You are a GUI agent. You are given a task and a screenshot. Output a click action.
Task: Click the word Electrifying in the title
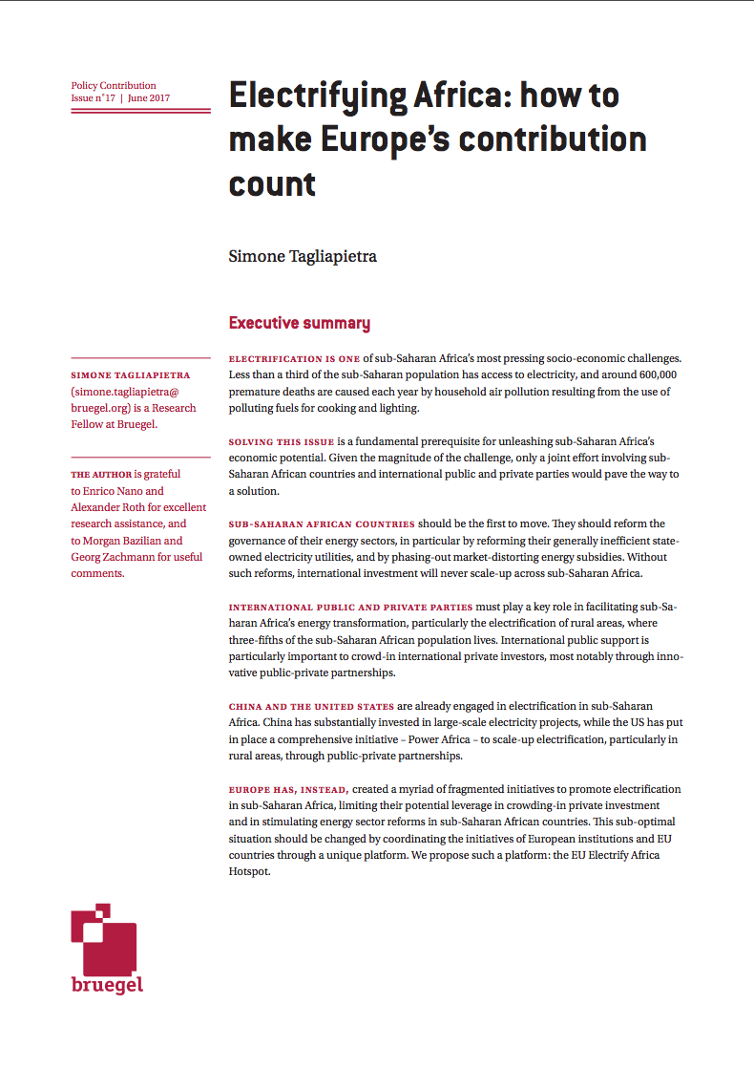pyautogui.click(x=316, y=97)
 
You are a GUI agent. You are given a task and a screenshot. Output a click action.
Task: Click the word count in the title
pyautogui.click(x=272, y=182)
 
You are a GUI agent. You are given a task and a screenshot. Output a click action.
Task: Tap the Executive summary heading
pyautogui.click(x=299, y=323)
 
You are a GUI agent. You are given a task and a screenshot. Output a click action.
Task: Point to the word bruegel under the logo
pyautogui.click(x=107, y=985)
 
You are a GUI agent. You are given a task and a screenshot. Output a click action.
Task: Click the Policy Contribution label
pyautogui.click(x=114, y=85)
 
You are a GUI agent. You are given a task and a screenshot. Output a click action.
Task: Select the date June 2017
pyautogui.click(x=149, y=98)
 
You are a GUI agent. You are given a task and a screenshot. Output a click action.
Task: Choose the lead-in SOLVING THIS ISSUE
pyautogui.click(x=282, y=442)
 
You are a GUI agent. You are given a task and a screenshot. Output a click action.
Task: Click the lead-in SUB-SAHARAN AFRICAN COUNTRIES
pyautogui.click(x=322, y=524)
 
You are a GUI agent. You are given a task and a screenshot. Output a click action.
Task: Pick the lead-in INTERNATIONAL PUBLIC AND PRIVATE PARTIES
pyautogui.click(x=350, y=607)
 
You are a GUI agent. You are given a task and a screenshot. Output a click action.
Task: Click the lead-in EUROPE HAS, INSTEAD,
pyautogui.click(x=289, y=790)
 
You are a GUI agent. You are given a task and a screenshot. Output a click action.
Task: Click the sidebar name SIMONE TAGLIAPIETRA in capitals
pyautogui.click(x=131, y=375)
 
